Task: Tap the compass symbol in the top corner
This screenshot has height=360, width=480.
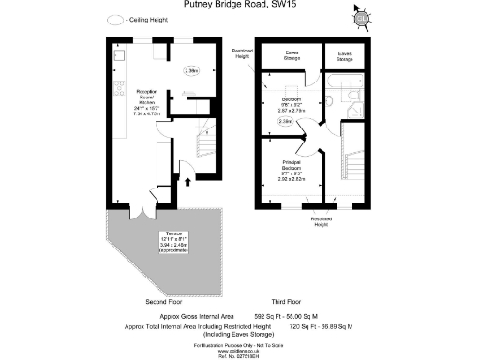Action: click(x=361, y=18)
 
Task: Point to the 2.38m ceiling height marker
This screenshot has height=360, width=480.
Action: click(x=285, y=121)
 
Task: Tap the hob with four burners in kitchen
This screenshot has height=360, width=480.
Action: click(x=119, y=90)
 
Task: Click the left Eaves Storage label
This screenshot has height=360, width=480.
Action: click(x=287, y=55)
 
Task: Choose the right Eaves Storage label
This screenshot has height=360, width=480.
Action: click(x=338, y=56)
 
